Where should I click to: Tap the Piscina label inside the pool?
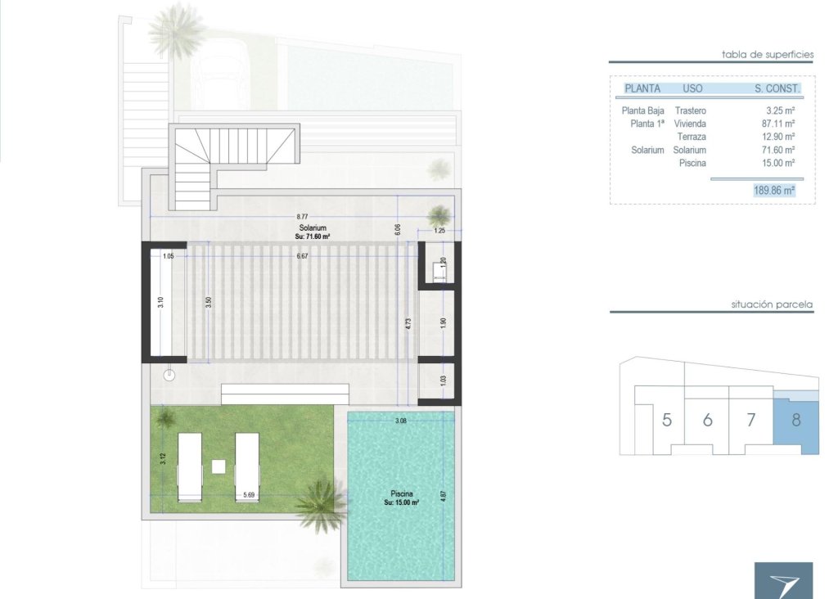pos(401,493)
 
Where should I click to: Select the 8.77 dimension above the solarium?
pos(302,216)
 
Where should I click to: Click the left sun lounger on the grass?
pos(189,466)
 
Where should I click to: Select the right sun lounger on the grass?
pos(247,466)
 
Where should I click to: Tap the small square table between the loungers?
pos(219,466)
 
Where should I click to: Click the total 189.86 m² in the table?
pos(773,190)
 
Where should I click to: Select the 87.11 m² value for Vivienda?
pos(778,124)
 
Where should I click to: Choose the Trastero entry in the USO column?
pos(690,110)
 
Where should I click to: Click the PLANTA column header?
pos(642,88)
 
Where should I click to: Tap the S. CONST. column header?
pos(777,88)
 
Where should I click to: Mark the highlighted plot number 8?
pos(796,421)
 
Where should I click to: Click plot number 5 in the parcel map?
pos(667,421)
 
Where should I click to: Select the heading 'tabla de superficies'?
pos(767,55)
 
